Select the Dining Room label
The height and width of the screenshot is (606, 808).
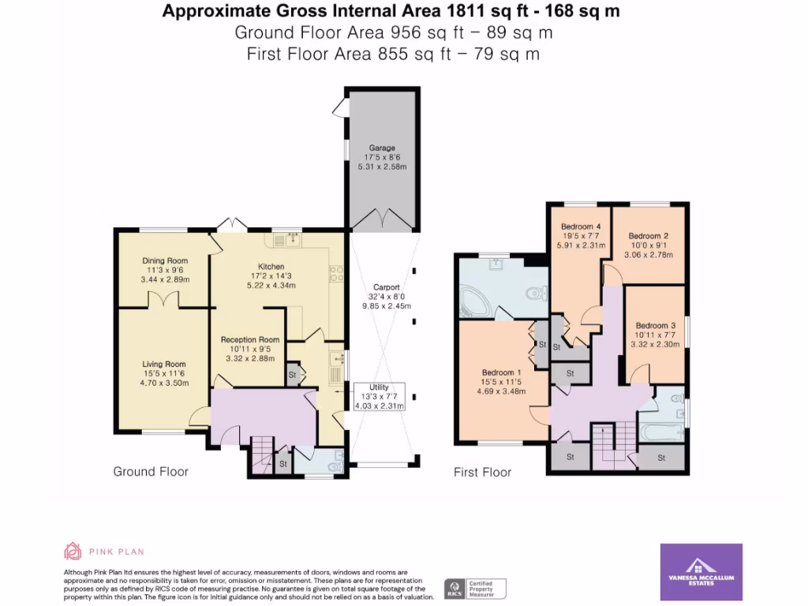tap(166, 261)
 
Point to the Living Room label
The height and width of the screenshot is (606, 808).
tap(164, 365)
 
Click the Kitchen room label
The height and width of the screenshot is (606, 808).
tap(271, 267)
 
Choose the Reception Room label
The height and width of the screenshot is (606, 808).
tap(250, 340)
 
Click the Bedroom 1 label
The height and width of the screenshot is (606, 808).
tap(502, 372)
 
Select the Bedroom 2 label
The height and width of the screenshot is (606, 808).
tap(649, 236)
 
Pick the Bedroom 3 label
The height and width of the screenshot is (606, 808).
tap(656, 326)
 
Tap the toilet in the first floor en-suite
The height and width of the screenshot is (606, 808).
tap(535, 294)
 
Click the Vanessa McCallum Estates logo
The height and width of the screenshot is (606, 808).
tap(701, 571)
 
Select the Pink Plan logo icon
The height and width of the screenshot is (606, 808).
tap(73, 552)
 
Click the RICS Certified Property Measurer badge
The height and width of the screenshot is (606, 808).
tap(475, 588)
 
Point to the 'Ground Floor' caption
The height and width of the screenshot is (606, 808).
tap(151, 472)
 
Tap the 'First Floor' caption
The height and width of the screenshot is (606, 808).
tap(482, 472)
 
